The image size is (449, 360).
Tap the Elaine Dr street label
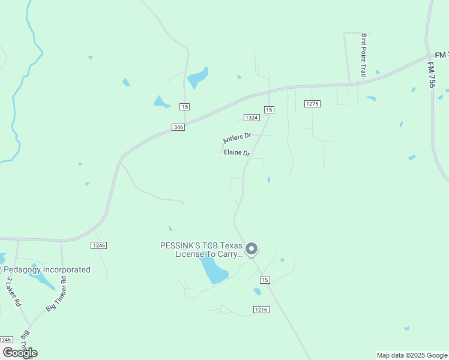pos(236,152)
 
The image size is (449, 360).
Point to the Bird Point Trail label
pos(363,55)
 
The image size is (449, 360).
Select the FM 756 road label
pos(432,74)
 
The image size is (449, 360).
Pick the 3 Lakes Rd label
pos(13,292)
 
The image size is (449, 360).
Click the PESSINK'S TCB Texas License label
pos(200,250)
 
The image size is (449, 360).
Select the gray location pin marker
pos(252,248)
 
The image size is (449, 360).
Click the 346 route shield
pos(178,127)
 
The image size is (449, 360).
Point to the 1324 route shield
pos(251,117)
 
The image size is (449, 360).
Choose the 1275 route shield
pos(312,104)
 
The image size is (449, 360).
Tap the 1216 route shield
pos(261,309)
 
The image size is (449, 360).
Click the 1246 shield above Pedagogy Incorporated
pos(99,245)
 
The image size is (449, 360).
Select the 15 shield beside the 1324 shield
pos(269,109)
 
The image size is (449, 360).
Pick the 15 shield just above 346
pos(184,106)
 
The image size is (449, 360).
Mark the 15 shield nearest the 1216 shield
pos(265,280)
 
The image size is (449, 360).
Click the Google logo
pos(20,353)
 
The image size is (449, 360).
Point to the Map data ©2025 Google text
pos(412,355)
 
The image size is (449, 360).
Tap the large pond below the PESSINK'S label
pos(214,271)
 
